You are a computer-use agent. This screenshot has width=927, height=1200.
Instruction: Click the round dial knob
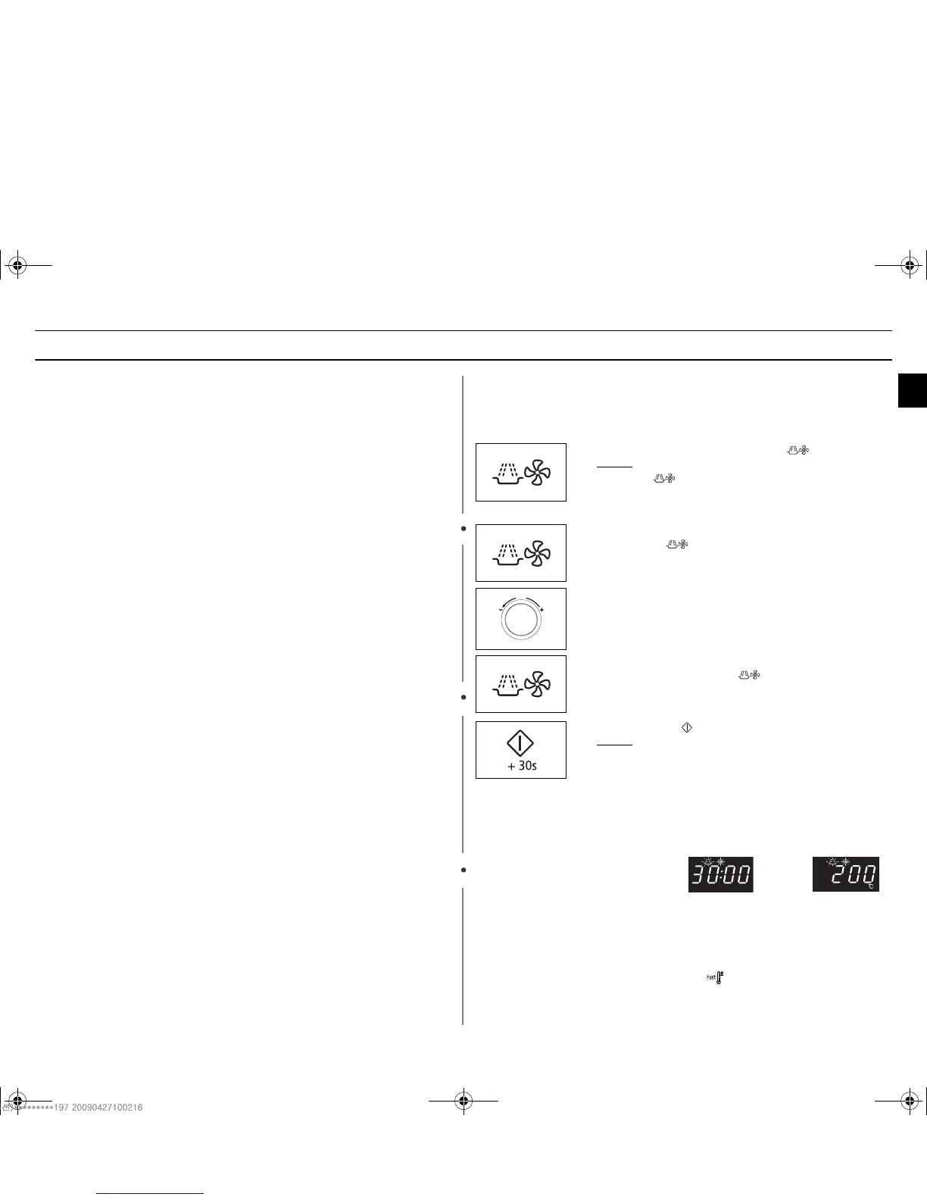click(521, 620)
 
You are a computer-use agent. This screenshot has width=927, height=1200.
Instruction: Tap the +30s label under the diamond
click(521, 766)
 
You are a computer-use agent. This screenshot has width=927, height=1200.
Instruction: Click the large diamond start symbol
click(520, 742)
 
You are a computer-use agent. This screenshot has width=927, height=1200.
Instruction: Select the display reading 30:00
click(720, 875)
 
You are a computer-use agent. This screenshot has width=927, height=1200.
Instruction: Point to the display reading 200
click(846, 875)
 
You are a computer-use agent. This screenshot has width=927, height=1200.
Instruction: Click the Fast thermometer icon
click(716, 978)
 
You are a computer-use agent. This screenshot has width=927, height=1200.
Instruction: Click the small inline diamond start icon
click(687, 727)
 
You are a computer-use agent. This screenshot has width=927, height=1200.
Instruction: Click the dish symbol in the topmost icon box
click(507, 474)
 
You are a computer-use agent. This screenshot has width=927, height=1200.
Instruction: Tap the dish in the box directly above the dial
click(507, 555)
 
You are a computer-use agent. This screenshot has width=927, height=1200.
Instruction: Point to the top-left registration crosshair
click(17, 266)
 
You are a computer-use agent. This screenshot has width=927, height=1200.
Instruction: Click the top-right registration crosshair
click(910, 266)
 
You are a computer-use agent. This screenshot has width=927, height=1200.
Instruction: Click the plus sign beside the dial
click(542, 609)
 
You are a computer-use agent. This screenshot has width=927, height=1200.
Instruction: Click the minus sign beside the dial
click(501, 609)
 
